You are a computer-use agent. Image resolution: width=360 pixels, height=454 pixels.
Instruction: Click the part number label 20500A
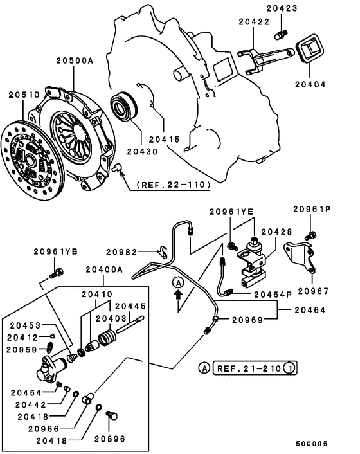(74, 61)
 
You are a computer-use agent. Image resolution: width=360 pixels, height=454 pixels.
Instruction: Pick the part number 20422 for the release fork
(255, 22)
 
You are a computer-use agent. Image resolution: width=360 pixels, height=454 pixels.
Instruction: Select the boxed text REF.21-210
(244, 368)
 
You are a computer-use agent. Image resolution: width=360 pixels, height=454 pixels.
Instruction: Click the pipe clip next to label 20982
(163, 253)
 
